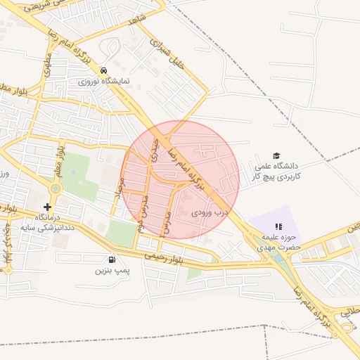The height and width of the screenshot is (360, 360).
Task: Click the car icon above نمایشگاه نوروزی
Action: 103,71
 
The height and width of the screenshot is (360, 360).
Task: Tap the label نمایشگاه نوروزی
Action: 104,82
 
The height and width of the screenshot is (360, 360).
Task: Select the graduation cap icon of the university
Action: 276,155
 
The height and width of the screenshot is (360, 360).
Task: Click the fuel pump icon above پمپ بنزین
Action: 112,259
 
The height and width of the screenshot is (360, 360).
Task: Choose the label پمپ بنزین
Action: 113,270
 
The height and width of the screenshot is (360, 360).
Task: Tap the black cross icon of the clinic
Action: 47,207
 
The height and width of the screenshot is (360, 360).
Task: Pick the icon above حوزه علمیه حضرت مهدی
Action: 278,226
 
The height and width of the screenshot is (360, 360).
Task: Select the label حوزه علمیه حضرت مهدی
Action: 278,242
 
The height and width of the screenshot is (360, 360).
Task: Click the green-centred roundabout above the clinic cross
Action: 56,188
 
